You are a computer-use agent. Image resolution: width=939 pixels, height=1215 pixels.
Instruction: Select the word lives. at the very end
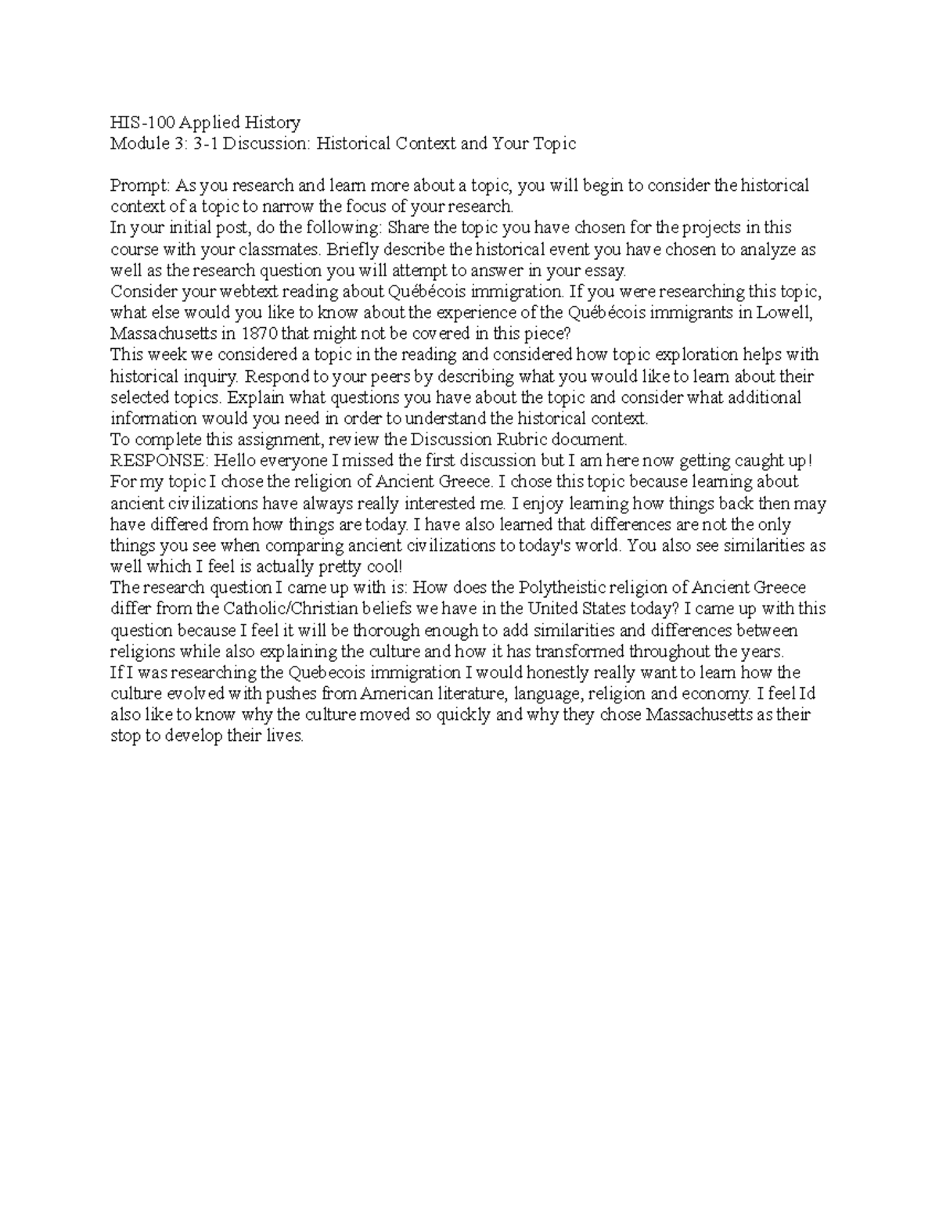tap(284, 735)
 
